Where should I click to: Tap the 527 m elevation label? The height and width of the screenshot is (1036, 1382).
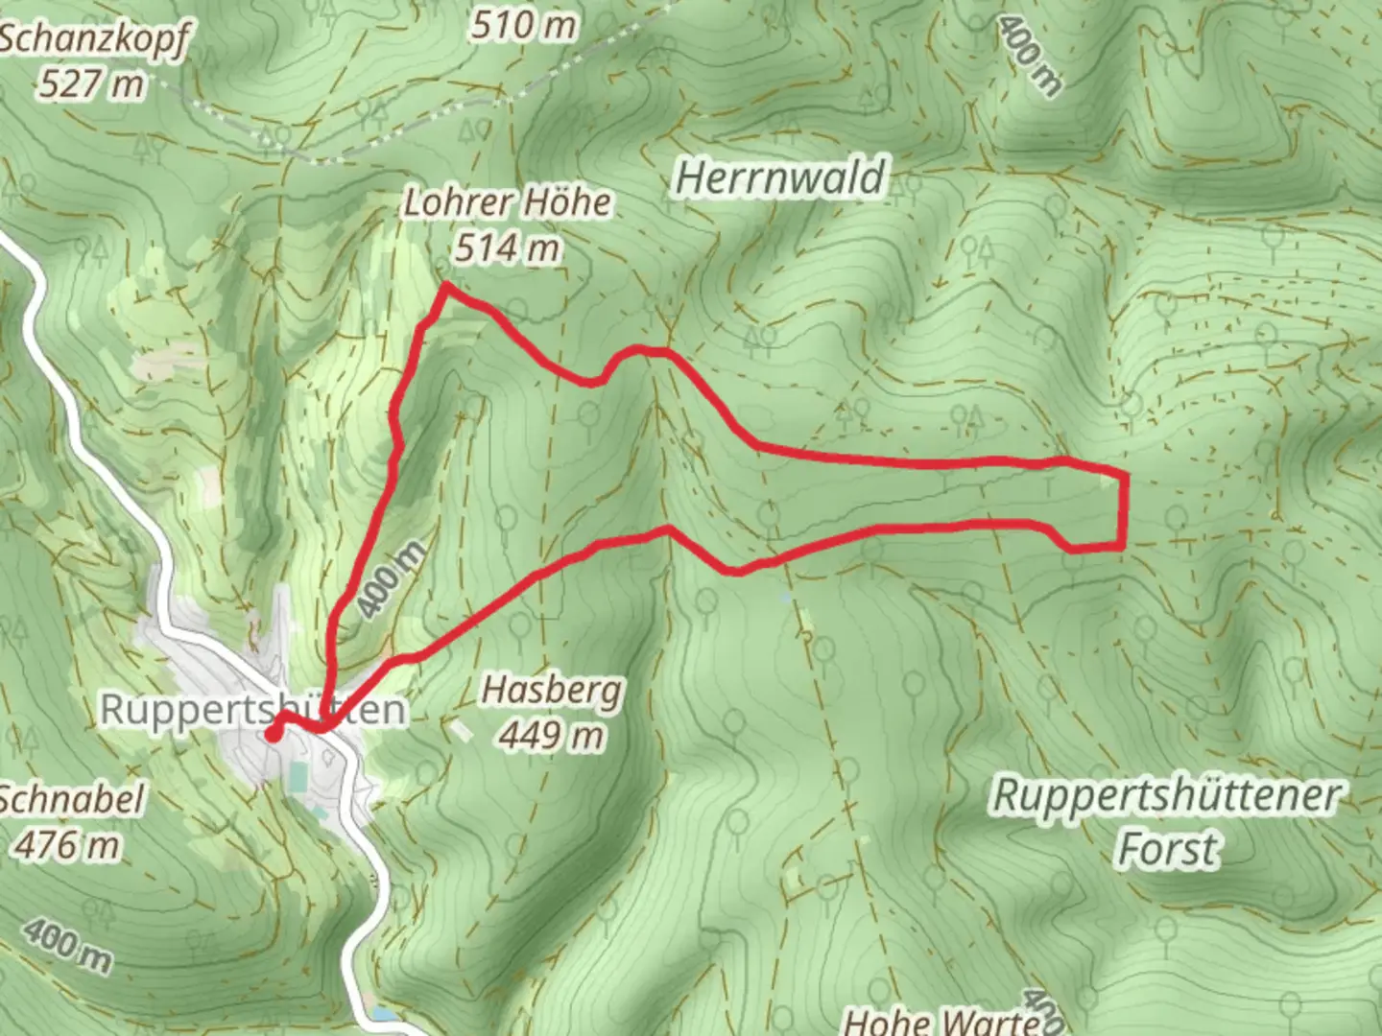point(92,84)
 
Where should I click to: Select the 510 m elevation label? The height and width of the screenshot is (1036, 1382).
point(523,25)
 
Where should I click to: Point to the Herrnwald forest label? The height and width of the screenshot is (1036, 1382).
point(779,179)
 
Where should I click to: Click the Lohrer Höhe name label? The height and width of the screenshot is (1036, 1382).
point(507,203)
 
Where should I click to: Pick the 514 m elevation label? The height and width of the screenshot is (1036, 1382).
point(507,248)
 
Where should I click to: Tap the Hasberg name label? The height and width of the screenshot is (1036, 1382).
point(552,690)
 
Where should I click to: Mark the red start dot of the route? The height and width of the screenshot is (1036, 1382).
point(273,735)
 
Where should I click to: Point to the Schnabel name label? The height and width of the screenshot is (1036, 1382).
point(73,799)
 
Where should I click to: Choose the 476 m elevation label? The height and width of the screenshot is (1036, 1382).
point(67,845)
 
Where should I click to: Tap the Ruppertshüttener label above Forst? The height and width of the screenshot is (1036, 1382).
point(1166,795)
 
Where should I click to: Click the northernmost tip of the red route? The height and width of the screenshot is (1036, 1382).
point(445,286)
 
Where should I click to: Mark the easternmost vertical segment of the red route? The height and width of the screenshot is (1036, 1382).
point(1122,509)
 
